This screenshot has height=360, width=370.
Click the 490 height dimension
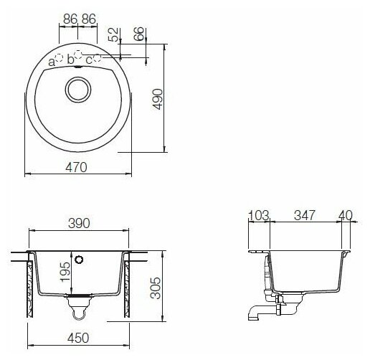[x=158, y=99]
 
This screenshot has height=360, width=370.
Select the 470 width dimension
[x=76, y=167]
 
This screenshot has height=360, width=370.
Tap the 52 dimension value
[x=113, y=34]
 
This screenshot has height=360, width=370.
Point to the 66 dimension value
[x=139, y=34]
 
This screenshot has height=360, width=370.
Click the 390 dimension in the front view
[x=79, y=224]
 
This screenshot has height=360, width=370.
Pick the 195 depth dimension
[x=65, y=272]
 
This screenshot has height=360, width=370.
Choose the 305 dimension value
[x=156, y=288]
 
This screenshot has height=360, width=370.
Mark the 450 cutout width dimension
[x=78, y=338]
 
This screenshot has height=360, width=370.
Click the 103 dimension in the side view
[x=259, y=215]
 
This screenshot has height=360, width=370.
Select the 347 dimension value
[x=305, y=215]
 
